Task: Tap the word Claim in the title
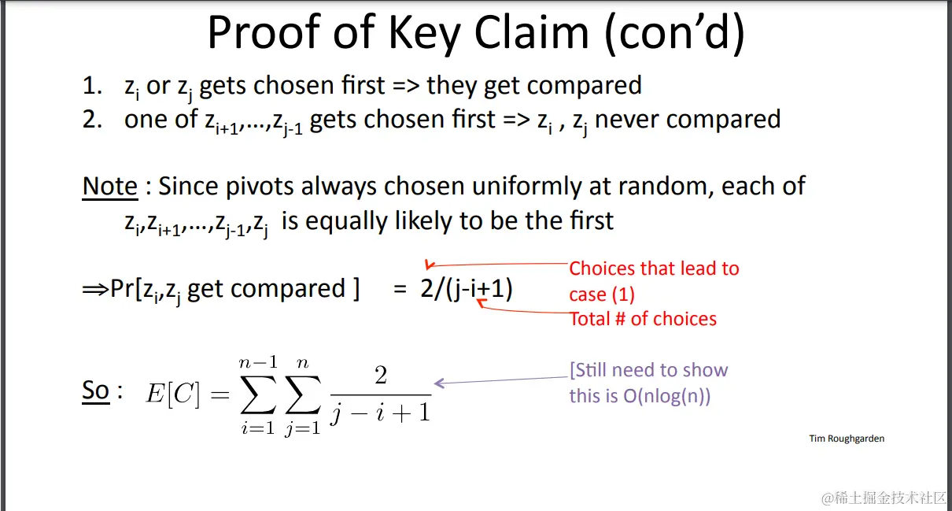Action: click(x=532, y=32)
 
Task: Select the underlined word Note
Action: click(x=109, y=187)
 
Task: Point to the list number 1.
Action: click(x=92, y=85)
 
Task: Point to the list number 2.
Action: click(x=92, y=119)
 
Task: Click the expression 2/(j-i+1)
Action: click(x=467, y=289)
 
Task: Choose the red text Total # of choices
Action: click(x=643, y=319)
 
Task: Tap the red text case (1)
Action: click(x=602, y=294)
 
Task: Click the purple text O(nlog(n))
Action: click(x=667, y=397)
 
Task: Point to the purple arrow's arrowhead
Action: click(x=439, y=383)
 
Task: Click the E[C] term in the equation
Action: click(x=172, y=394)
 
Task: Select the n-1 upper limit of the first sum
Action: click(x=258, y=363)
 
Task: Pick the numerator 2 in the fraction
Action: click(x=381, y=376)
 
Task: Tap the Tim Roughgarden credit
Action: click(x=847, y=439)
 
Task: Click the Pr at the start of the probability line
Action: click(x=123, y=289)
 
